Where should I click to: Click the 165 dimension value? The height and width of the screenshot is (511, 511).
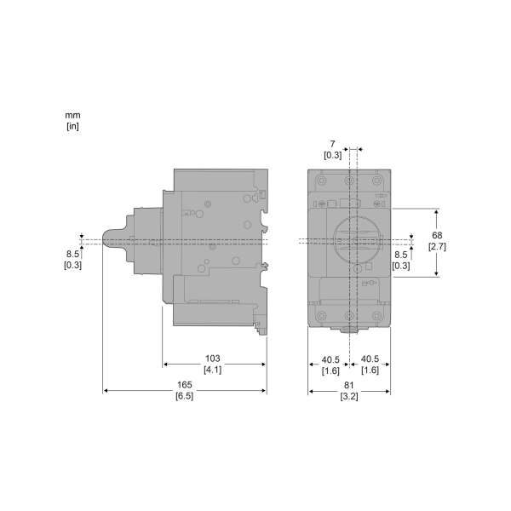point(185,385)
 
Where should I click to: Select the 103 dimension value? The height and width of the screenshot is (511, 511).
point(212,359)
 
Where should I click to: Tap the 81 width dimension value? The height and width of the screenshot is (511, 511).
point(348,385)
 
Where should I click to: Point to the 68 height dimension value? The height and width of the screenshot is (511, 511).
point(437,235)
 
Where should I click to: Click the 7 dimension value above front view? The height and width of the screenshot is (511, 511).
point(332,144)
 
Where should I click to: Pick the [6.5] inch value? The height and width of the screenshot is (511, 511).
point(185,396)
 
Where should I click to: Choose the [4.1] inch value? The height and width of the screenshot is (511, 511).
point(212,370)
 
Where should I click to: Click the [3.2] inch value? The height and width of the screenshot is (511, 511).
point(349,396)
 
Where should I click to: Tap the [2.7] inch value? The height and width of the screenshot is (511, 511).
point(437,246)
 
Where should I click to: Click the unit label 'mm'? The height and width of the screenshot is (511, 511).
point(72,115)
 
